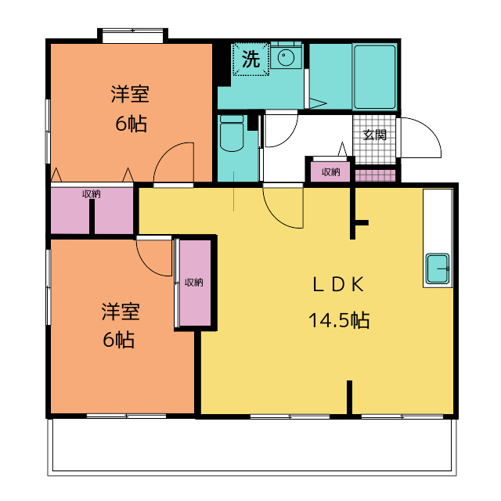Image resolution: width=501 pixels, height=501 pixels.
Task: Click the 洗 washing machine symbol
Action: click(250, 59)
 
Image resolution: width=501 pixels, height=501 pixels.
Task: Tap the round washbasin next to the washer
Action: click(286, 57)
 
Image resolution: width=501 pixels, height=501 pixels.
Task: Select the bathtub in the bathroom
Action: click(374, 77)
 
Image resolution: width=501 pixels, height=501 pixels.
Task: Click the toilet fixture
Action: click(232, 133)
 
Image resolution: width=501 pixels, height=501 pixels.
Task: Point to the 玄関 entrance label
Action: click(375, 135)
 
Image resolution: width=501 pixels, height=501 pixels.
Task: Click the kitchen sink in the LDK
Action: click(438, 269)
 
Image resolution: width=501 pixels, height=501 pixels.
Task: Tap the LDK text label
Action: click(338, 285)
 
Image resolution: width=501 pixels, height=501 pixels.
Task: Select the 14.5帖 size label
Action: click(339, 320)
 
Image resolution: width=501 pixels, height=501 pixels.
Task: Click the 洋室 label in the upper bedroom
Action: click(130, 94)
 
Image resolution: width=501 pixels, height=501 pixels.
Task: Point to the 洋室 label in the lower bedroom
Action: click(121, 312)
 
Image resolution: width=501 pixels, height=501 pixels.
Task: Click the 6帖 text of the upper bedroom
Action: click(131, 124)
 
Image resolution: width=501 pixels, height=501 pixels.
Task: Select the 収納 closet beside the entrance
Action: click(330, 172)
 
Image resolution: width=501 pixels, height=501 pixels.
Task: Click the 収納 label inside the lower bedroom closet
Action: click(194, 283)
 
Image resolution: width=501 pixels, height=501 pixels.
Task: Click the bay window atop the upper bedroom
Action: click(132, 35)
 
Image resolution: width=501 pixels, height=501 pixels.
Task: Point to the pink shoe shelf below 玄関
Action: click(376, 175)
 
